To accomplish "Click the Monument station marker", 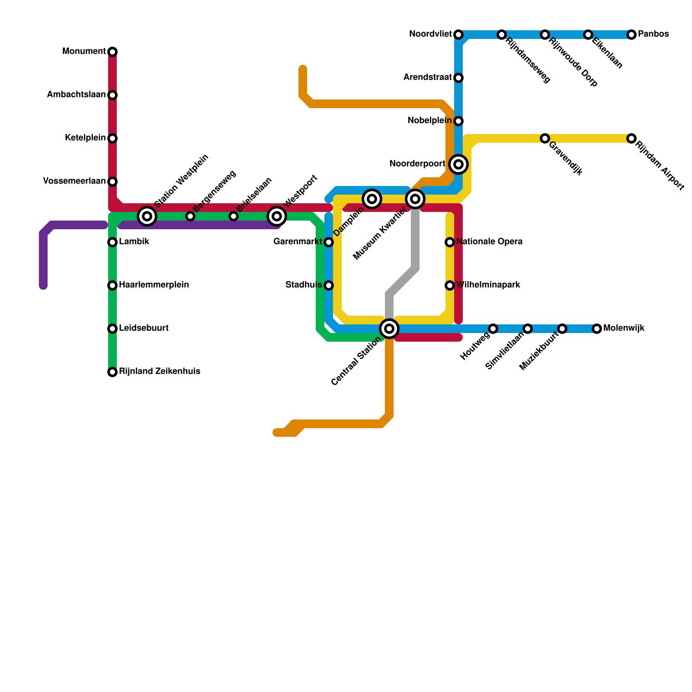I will tap(112, 52).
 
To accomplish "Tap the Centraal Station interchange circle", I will tap(389, 329).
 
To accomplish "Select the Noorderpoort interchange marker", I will tap(458, 164).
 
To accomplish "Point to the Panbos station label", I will tap(653, 34).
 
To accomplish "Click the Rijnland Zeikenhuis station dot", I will tap(112, 372).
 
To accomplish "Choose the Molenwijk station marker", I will tap(597, 329).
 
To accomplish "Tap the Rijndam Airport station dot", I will tap(631, 138).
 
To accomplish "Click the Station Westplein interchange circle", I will tap(147, 216).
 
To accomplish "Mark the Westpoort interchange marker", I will tap(277, 216).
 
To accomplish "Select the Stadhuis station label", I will tap(304, 285).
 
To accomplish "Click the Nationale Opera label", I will tap(489, 242).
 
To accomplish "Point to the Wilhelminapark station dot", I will tap(450, 285).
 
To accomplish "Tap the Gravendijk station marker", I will tap(545, 138).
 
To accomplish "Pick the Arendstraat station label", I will tap(427, 77).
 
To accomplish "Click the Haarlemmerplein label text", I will tap(154, 285).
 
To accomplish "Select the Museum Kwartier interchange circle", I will tap(415, 199).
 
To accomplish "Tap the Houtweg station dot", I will tap(493, 329).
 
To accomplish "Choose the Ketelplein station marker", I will tap(112, 138).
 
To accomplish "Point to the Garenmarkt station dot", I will tap(329, 242).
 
